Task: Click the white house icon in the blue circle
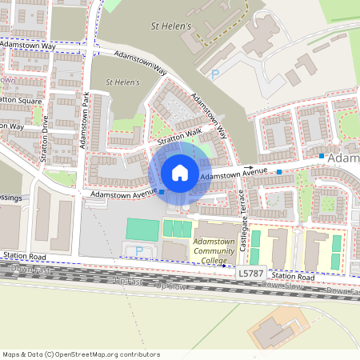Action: pos(180,172)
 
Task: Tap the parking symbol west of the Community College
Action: pos(140,251)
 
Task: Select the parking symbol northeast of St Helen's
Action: pos(214,74)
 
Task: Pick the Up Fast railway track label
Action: pos(127,281)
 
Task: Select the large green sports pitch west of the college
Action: pos(142,230)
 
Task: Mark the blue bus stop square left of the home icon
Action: pos(162,192)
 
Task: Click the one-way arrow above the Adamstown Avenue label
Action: pos(237,169)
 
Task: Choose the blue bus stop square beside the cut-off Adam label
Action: pos(321,155)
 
